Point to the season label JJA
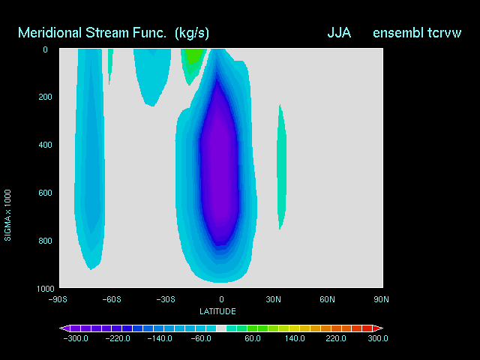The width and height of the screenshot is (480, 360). [x=339, y=33]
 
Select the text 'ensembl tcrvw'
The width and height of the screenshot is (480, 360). [x=417, y=33]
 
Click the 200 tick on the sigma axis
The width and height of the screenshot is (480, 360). [x=45, y=97]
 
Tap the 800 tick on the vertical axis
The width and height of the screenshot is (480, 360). [x=45, y=241]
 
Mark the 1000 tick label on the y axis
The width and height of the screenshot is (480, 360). [x=45, y=289]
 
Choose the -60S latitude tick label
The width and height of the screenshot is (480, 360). [x=112, y=299]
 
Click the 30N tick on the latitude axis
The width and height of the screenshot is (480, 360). [x=273, y=299]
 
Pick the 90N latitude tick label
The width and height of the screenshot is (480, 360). [x=381, y=299]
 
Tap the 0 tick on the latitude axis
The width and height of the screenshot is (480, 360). [x=221, y=299]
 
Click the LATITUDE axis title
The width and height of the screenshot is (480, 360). [x=217, y=312]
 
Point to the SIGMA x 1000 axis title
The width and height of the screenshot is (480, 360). [x=7, y=215]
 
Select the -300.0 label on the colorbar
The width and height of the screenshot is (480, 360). [x=76, y=338]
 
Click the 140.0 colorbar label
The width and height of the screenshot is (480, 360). [x=295, y=338]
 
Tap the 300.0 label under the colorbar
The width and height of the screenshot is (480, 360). [x=378, y=338]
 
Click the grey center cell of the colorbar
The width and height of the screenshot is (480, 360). [x=221, y=328]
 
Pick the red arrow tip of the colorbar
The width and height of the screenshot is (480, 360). [x=382, y=328]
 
